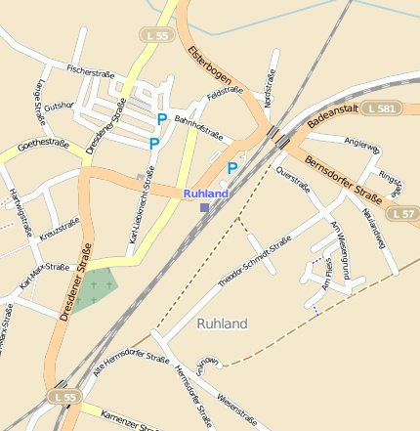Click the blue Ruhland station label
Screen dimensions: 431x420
pos(205,194)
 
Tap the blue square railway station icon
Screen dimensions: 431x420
pos(203,207)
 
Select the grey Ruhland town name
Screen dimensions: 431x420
pos(222,323)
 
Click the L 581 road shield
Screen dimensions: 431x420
pos(378,108)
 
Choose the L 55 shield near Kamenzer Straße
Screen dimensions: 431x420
pos(64,397)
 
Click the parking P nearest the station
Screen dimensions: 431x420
pos(231,168)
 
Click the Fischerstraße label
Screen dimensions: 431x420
pos(91,70)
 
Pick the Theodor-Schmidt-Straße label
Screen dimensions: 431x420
pos(255,265)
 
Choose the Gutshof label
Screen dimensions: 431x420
pos(59,105)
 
